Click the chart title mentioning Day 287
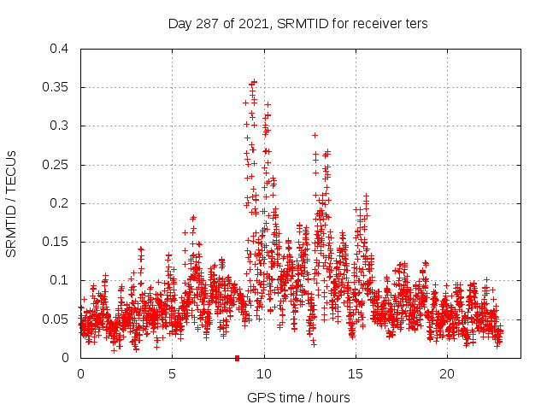coord(297,24)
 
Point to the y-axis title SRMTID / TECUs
coord(11,203)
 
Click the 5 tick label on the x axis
coord(172,374)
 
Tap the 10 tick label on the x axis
coord(264,374)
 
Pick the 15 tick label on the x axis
coord(356,374)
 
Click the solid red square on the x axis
coord(237,357)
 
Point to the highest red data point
coord(254,83)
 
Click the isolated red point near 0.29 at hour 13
coord(315,135)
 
